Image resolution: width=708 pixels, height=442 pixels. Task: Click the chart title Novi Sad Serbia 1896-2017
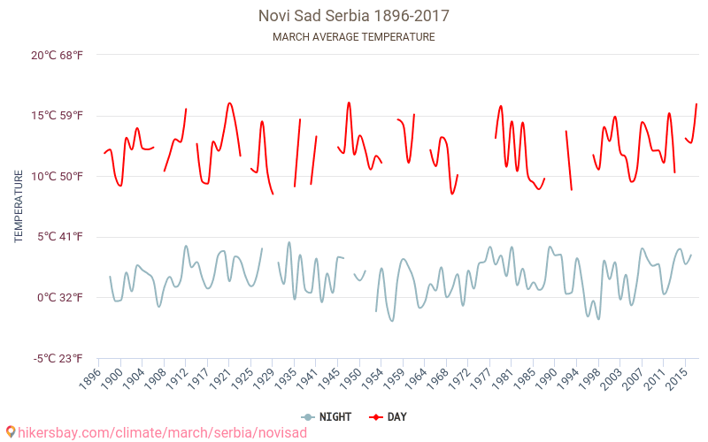(354, 16)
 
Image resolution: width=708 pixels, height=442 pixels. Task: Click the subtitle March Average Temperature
(354, 37)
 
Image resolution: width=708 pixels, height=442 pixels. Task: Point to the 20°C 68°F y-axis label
(58, 55)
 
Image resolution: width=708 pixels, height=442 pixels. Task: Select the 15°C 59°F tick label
(58, 116)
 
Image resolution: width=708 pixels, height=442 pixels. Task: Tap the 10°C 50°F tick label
(58, 176)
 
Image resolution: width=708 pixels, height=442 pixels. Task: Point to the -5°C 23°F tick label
(58, 358)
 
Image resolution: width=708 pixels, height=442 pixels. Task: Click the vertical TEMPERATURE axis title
(19, 207)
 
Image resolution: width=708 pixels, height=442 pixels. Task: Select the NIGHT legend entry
(327, 416)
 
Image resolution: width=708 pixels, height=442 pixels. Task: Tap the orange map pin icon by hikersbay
(10, 432)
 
